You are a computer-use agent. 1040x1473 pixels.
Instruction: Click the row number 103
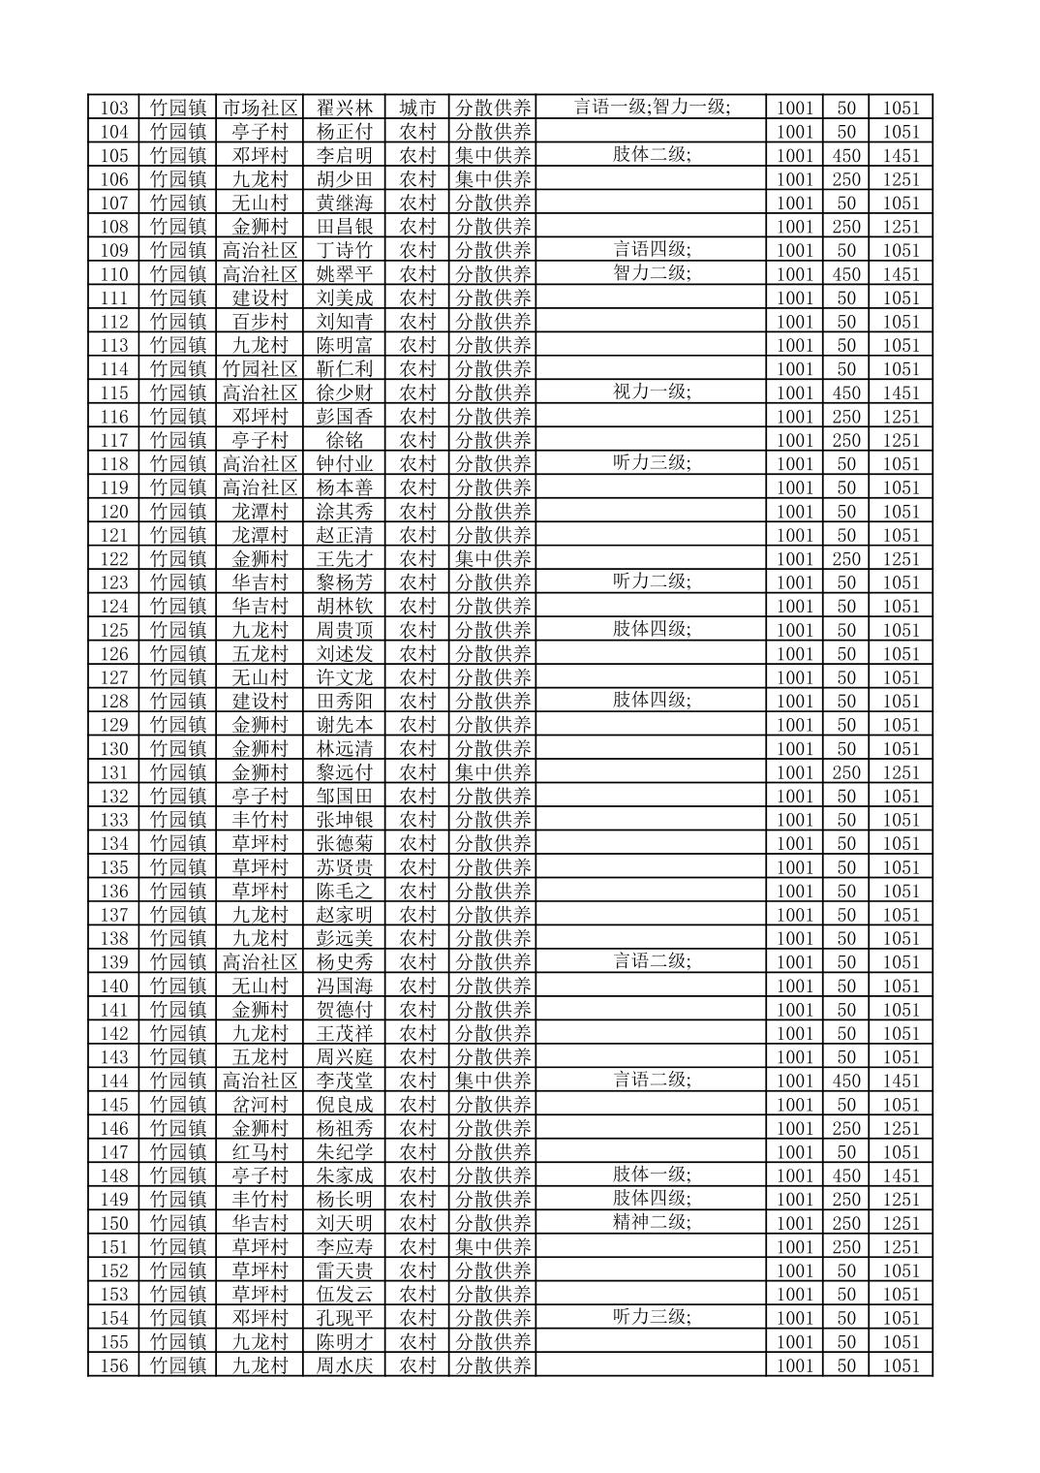[x=114, y=108]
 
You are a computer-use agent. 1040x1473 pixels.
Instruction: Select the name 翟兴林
[x=345, y=108]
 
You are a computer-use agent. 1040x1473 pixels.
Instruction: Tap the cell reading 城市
[x=418, y=108]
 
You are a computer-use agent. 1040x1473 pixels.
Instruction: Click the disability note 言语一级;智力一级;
[x=652, y=107]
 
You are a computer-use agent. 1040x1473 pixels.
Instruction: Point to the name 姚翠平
[x=345, y=274]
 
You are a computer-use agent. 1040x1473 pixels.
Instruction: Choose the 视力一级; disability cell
[x=652, y=392]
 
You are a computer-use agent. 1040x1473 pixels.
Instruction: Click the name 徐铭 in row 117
[x=345, y=440]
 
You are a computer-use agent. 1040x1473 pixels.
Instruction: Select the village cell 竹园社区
[x=260, y=369]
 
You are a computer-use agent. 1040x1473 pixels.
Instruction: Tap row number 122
[x=114, y=559]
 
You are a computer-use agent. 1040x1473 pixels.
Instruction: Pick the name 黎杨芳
[x=345, y=582]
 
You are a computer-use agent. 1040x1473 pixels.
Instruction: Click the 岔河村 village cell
[x=260, y=1105]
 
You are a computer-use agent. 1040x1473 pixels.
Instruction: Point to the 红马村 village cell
[x=260, y=1152]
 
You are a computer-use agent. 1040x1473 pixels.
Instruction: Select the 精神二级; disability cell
[x=652, y=1222]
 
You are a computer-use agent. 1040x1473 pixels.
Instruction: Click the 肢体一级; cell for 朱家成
[x=652, y=1175]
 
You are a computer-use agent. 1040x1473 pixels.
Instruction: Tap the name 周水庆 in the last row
[x=345, y=1365]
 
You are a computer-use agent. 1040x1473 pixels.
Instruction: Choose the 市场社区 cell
[x=260, y=108]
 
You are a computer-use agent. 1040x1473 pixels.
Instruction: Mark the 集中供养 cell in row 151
[x=494, y=1247]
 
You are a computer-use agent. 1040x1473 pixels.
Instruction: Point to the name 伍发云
[x=345, y=1295]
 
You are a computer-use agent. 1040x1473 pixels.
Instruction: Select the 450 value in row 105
[x=846, y=156]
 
